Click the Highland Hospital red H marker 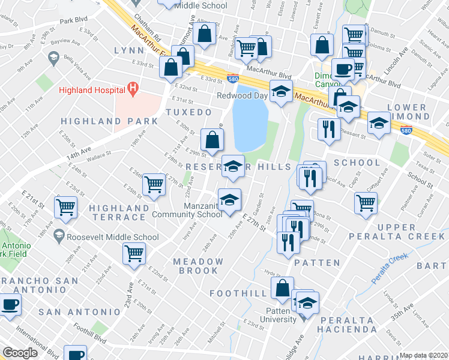134,90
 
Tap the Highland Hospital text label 92,91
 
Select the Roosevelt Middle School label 113,237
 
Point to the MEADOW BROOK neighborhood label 198,266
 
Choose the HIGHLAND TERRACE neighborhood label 119,213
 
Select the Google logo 20,353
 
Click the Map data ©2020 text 424,355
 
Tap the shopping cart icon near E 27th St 154,184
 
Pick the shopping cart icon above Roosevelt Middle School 65,208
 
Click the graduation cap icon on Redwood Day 280,91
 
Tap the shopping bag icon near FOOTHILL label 282,288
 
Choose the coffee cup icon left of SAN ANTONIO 9,304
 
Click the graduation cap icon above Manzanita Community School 229,199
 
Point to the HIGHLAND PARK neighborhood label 110,121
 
